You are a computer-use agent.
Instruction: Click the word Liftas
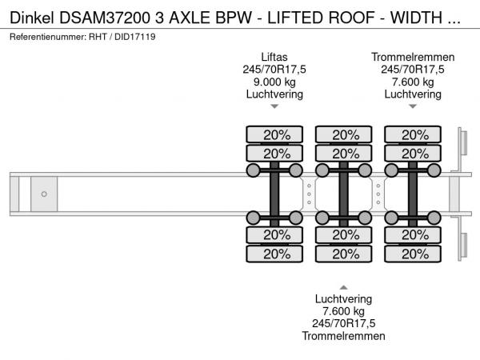274,57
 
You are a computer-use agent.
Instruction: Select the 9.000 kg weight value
274,82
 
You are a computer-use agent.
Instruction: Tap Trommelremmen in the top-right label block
413,57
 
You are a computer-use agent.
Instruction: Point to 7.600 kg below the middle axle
343,311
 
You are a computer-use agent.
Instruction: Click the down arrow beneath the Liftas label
274,106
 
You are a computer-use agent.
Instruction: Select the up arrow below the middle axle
343,286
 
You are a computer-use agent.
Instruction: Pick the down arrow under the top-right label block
413,106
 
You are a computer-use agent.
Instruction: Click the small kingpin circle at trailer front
44,194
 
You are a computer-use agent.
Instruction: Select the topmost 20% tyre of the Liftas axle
274,134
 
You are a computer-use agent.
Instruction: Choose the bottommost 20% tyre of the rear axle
413,254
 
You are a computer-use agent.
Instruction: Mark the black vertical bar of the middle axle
343,194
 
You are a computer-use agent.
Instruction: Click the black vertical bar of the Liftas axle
274,194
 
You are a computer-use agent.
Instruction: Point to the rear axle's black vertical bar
413,194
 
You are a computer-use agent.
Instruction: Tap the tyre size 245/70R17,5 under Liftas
274,70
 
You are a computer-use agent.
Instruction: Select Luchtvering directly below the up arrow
343,299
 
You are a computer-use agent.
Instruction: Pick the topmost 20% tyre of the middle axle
343,134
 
